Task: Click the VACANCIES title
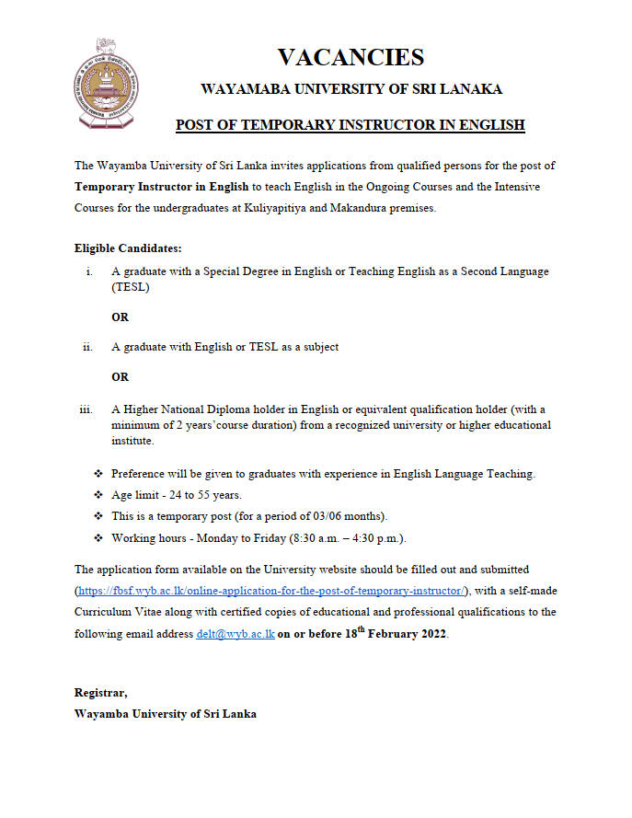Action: pos(350,57)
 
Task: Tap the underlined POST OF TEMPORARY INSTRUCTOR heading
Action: pos(350,124)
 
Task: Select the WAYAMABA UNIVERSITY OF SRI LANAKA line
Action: pos(351,89)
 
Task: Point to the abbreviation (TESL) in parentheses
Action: pos(131,287)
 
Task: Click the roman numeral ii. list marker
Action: pos(88,347)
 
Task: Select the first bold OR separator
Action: pos(121,317)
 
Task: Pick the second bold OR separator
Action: pos(121,376)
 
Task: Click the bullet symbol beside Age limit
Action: pos(98,494)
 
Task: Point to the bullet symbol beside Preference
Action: pos(98,473)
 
